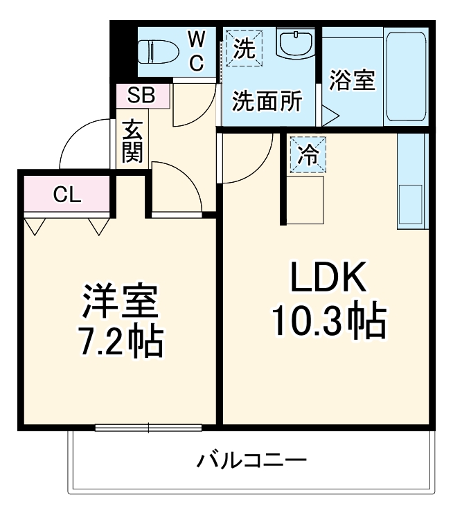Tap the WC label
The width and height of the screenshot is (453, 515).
point(197,52)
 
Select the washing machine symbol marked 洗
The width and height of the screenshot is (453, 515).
point(242,48)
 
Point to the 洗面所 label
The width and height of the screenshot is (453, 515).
point(267,102)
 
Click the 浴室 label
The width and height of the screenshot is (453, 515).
point(351,80)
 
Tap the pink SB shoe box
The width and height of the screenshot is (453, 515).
point(141,96)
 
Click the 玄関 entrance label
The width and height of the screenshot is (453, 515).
point(132,141)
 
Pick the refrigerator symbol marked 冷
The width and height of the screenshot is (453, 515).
point(306,154)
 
